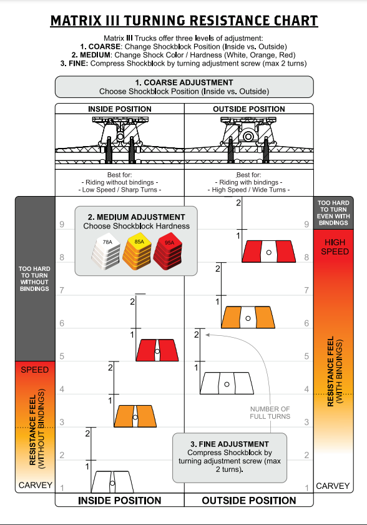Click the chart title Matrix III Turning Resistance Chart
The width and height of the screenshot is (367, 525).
[x=184, y=21]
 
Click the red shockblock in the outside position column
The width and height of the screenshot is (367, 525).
[x=268, y=251]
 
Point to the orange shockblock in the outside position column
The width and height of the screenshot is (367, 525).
[x=248, y=317]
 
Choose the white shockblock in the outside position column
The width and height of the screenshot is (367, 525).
[x=227, y=383]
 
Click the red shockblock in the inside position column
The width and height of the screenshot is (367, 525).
[x=157, y=350]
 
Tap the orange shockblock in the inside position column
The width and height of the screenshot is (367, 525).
[x=135, y=416]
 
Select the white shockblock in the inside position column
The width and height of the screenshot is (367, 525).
[x=112, y=482]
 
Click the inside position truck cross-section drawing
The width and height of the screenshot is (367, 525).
[x=120, y=140]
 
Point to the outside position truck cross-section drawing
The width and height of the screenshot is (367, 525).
[x=249, y=140]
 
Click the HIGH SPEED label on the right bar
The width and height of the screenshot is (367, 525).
[x=335, y=247]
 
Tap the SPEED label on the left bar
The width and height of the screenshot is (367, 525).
[x=35, y=370]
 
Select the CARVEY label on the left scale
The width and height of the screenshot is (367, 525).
[x=35, y=485]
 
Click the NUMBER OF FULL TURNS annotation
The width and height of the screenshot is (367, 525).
[x=270, y=413]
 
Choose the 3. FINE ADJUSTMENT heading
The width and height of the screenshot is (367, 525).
[x=230, y=444]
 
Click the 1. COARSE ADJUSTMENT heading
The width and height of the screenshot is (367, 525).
[x=184, y=82]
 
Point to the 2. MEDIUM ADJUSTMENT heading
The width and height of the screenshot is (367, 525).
[x=136, y=217]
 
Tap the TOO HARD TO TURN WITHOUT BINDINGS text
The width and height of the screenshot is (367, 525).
[x=34, y=278]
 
